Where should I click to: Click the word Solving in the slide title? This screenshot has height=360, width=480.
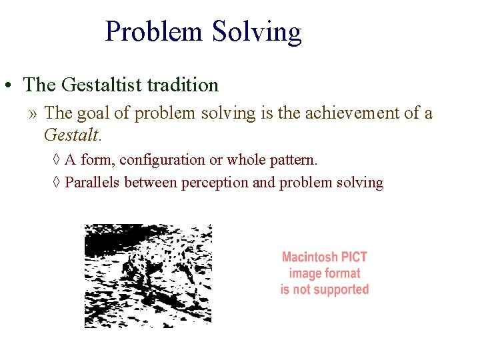257,31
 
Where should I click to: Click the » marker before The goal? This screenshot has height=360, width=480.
33,114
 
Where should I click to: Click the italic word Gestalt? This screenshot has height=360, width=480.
71,135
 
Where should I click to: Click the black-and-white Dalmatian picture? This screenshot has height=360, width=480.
147,275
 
